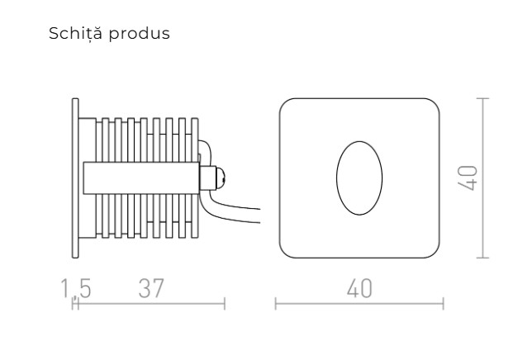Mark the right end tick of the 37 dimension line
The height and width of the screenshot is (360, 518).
(x=224, y=306)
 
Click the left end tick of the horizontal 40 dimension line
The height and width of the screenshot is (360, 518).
(x=275, y=306)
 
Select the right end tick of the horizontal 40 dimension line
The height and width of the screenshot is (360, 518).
(x=443, y=306)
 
